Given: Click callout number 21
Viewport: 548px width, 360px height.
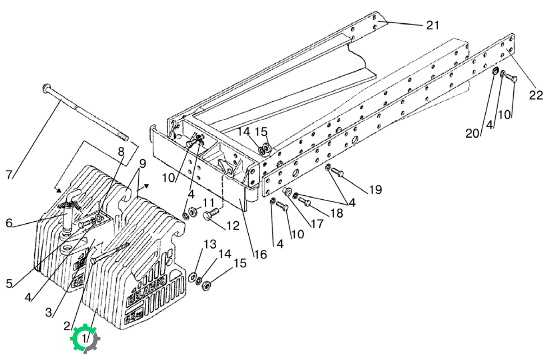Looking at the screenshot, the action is coord(433,25).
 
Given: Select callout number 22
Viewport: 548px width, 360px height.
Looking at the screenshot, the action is coord(536,95).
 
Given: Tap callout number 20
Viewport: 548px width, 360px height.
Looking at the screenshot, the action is coord(472,133).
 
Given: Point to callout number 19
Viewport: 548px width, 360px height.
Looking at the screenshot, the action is coord(376,190).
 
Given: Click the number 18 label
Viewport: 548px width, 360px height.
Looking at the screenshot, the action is coord(337,213).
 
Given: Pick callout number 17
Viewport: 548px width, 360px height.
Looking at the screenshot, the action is coord(317,224).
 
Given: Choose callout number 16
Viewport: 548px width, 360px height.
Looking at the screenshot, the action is coord(261,255).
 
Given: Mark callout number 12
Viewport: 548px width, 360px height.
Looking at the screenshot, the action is coord(233,226).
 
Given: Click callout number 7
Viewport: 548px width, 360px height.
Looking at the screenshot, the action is coord(9,175).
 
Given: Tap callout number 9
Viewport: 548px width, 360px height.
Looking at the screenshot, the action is coord(143,163).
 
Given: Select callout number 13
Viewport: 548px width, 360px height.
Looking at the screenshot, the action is coord(210,244).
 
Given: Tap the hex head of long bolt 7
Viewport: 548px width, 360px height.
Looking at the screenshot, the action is coord(47,88).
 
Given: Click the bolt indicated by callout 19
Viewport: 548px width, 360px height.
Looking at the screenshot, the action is coord(337,172).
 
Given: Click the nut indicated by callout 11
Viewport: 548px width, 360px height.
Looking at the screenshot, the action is coord(192,211).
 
